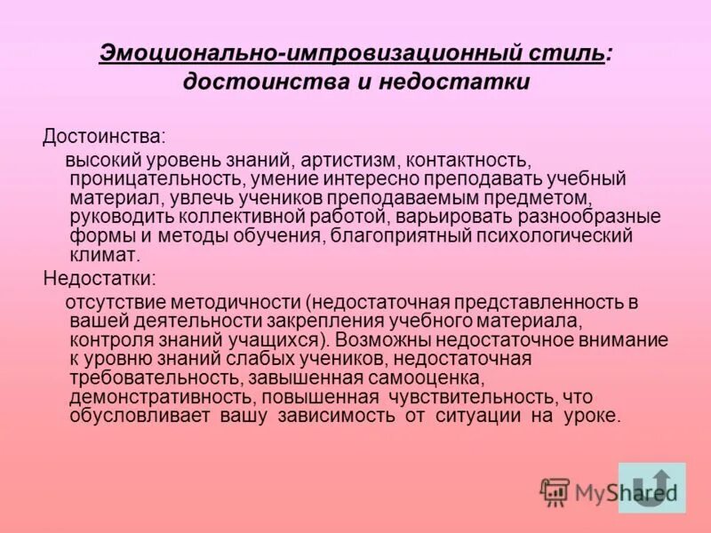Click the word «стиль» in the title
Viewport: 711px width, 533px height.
pyautogui.click(x=565, y=52)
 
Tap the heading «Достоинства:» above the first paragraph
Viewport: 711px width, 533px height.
pyautogui.click(x=104, y=139)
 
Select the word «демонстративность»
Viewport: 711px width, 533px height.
pyautogui.click(x=156, y=396)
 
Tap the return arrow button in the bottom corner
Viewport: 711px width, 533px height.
pyautogui.click(x=651, y=488)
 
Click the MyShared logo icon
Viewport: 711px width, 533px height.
pyautogui.click(x=555, y=490)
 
